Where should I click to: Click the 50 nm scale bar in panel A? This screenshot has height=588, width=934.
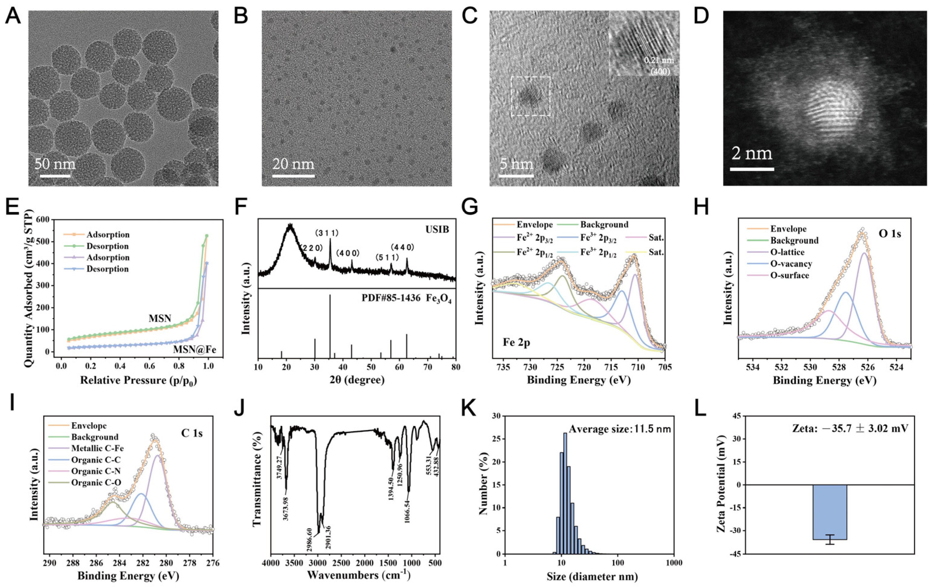[x=55, y=176]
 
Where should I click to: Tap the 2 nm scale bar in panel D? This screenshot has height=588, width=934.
[x=752, y=169]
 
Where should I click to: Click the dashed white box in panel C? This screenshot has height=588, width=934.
[x=531, y=96]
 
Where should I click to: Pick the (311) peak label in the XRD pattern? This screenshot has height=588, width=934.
[x=326, y=233]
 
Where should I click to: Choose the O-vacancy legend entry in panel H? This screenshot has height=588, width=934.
[x=791, y=264]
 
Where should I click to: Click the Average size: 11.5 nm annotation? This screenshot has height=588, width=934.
[x=619, y=429]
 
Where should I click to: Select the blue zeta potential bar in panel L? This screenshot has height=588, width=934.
[x=830, y=512]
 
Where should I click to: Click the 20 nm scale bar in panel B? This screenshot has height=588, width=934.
[x=293, y=176]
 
